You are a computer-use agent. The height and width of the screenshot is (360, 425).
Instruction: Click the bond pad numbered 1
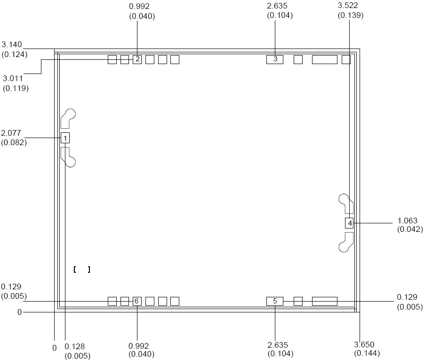point(65,138)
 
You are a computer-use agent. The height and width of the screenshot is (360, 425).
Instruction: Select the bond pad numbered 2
point(137,59)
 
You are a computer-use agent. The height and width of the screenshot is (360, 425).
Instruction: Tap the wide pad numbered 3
point(275,59)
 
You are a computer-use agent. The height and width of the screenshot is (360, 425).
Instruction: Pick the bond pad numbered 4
point(349,223)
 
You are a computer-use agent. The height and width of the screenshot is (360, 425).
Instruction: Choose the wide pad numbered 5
point(275,301)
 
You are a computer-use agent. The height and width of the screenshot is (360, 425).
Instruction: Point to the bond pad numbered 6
point(137,301)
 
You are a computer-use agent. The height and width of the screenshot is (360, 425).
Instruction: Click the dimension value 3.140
point(12,44)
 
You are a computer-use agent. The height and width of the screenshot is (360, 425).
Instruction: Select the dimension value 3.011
point(13,78)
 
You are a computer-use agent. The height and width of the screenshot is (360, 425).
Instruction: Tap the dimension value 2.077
point(11,133)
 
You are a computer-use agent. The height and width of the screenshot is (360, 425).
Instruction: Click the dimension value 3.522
point(348,6)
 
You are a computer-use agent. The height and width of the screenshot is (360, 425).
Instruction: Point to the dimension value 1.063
point(408,221)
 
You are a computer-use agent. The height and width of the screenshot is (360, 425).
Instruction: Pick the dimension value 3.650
point(364,344)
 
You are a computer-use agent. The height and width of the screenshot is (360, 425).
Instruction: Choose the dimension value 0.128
point(74,346)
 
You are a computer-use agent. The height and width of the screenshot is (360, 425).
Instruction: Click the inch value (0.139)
point(351,15)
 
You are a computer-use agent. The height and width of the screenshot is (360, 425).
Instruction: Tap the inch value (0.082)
point(14,142)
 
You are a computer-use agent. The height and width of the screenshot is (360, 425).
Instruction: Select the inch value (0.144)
point(367,353)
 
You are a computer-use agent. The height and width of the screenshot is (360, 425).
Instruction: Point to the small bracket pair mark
point(82,270)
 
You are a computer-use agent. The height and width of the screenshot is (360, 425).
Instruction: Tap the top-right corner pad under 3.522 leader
point(346,59)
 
